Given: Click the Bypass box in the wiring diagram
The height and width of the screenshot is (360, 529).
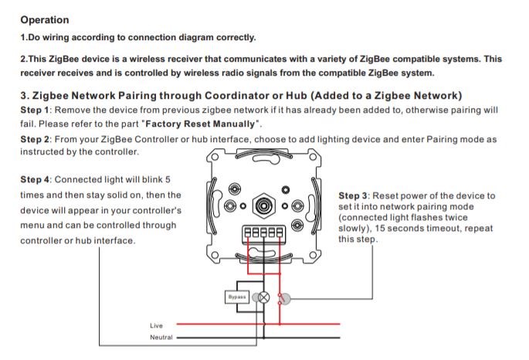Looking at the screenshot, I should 236,297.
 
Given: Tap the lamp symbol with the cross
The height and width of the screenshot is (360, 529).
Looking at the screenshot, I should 263,297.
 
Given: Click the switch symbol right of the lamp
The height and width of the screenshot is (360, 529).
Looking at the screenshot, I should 283,297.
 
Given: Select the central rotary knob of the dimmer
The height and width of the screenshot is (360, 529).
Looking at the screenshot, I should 264,206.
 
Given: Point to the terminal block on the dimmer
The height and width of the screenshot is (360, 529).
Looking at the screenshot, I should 263,232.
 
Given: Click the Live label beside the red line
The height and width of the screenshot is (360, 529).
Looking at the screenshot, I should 157,325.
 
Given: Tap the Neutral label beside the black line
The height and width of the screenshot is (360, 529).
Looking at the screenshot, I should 161,338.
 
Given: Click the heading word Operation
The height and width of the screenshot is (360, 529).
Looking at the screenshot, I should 44,19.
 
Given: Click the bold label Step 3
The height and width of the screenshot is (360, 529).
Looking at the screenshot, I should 354,196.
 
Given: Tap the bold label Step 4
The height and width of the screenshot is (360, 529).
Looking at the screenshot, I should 35,180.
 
